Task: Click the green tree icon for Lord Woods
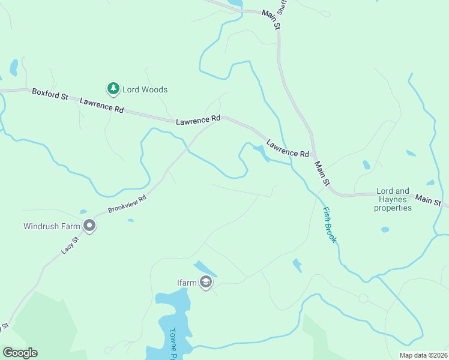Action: pyautogui.click(x=113, y=89)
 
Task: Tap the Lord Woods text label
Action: pyautogui.click(x=145, y=90)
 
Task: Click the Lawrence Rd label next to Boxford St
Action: pyautogui.click(x=101, y=106)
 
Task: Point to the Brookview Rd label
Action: pyautogui.click(x=127, y=204)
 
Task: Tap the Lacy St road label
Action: pyautogui.click(x=70, y=245)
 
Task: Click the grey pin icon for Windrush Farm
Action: pyautogui.click(x=89, y=226)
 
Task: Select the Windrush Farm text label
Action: pyautogui.click(x=51, y=227)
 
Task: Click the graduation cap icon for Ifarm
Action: pyautogui.click(x=206, y=283)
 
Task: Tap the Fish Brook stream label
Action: pyautogui.click(x=330, y=225)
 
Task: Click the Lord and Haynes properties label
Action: pyautogui.click(x=393, y=200)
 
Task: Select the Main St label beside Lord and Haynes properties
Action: pyautogui.click(x=428, y=199)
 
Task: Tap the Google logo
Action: pyautogui.click(x=20, y=353)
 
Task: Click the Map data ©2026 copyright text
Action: pyautogui.click(x=423, y=355)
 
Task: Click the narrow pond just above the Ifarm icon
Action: pyautogui.click(x=203, y=268)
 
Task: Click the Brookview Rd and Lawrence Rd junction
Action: pyautogui.click(x=215, y=120)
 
